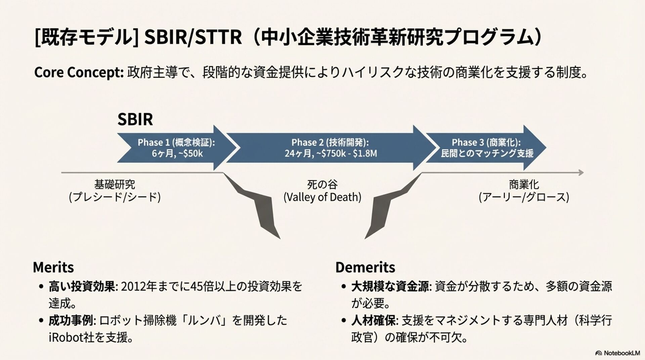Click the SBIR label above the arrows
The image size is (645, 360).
pos(135,119)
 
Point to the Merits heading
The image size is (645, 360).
pos(53,267)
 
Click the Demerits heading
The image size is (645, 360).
pos(365,267)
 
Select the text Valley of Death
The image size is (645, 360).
pos(322,197)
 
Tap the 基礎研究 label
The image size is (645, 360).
pos(115,184)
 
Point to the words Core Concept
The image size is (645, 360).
pos(79,73)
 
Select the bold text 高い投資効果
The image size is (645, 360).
pos(82,286)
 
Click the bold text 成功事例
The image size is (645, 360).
pos(71,320)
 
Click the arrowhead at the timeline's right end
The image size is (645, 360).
pos(581,173)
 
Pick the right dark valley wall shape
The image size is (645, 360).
pos(386,205)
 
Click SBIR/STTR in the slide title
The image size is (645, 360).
pos(193,38)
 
